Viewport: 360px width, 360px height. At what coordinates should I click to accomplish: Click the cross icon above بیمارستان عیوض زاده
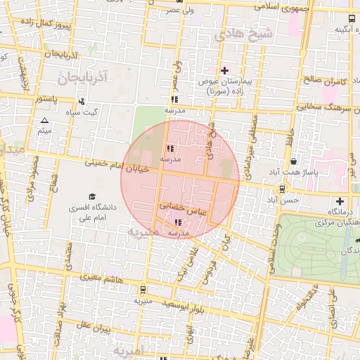coord(224,70)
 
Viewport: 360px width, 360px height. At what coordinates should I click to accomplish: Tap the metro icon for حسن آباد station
coord(282,188)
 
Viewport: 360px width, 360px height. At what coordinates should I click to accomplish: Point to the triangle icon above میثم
coord(45,121)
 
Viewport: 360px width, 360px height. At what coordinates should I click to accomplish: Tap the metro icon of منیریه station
coord(143,289)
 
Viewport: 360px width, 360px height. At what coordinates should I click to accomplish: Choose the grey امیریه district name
coord(128,349)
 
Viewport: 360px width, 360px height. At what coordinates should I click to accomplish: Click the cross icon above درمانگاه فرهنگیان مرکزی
coord(340,200)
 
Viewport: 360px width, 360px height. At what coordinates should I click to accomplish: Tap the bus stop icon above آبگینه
coord(352,18)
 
